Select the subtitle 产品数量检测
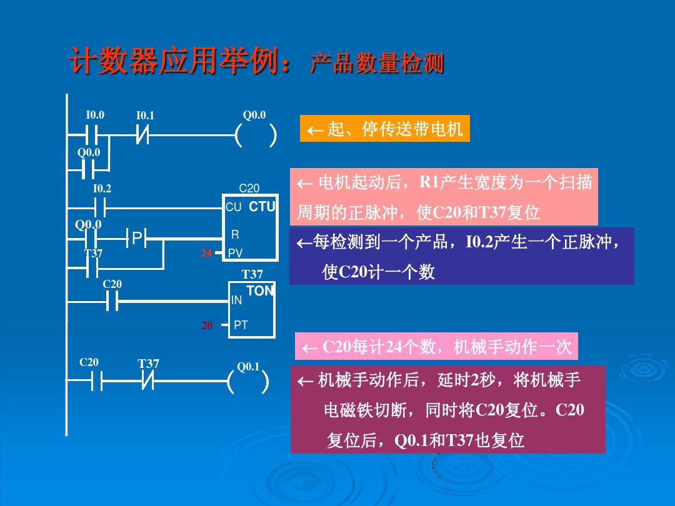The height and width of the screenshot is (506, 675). coord(377,64)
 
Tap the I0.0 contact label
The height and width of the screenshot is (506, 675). coord(95,115)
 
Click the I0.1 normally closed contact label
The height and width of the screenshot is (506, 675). coord(145,116)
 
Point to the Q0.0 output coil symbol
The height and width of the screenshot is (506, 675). coord(256,134)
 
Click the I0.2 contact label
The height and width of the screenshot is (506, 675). coord(102,189)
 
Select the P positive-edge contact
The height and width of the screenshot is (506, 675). coord(137,237)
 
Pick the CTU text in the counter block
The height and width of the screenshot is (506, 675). coord(262,207)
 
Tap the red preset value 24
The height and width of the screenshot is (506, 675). coord(206,253)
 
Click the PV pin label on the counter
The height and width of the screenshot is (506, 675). coord(236,253)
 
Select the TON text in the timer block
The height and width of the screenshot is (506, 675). coord(260,291)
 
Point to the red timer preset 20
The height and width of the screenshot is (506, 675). coord(207,325)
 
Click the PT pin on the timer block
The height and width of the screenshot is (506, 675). coord(241,325)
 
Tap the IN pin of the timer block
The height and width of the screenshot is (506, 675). coord(236,300)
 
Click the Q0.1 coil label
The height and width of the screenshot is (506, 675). coord(248,367)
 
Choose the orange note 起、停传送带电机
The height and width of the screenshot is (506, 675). coord(384,129)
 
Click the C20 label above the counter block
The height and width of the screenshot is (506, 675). coord(249,188)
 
